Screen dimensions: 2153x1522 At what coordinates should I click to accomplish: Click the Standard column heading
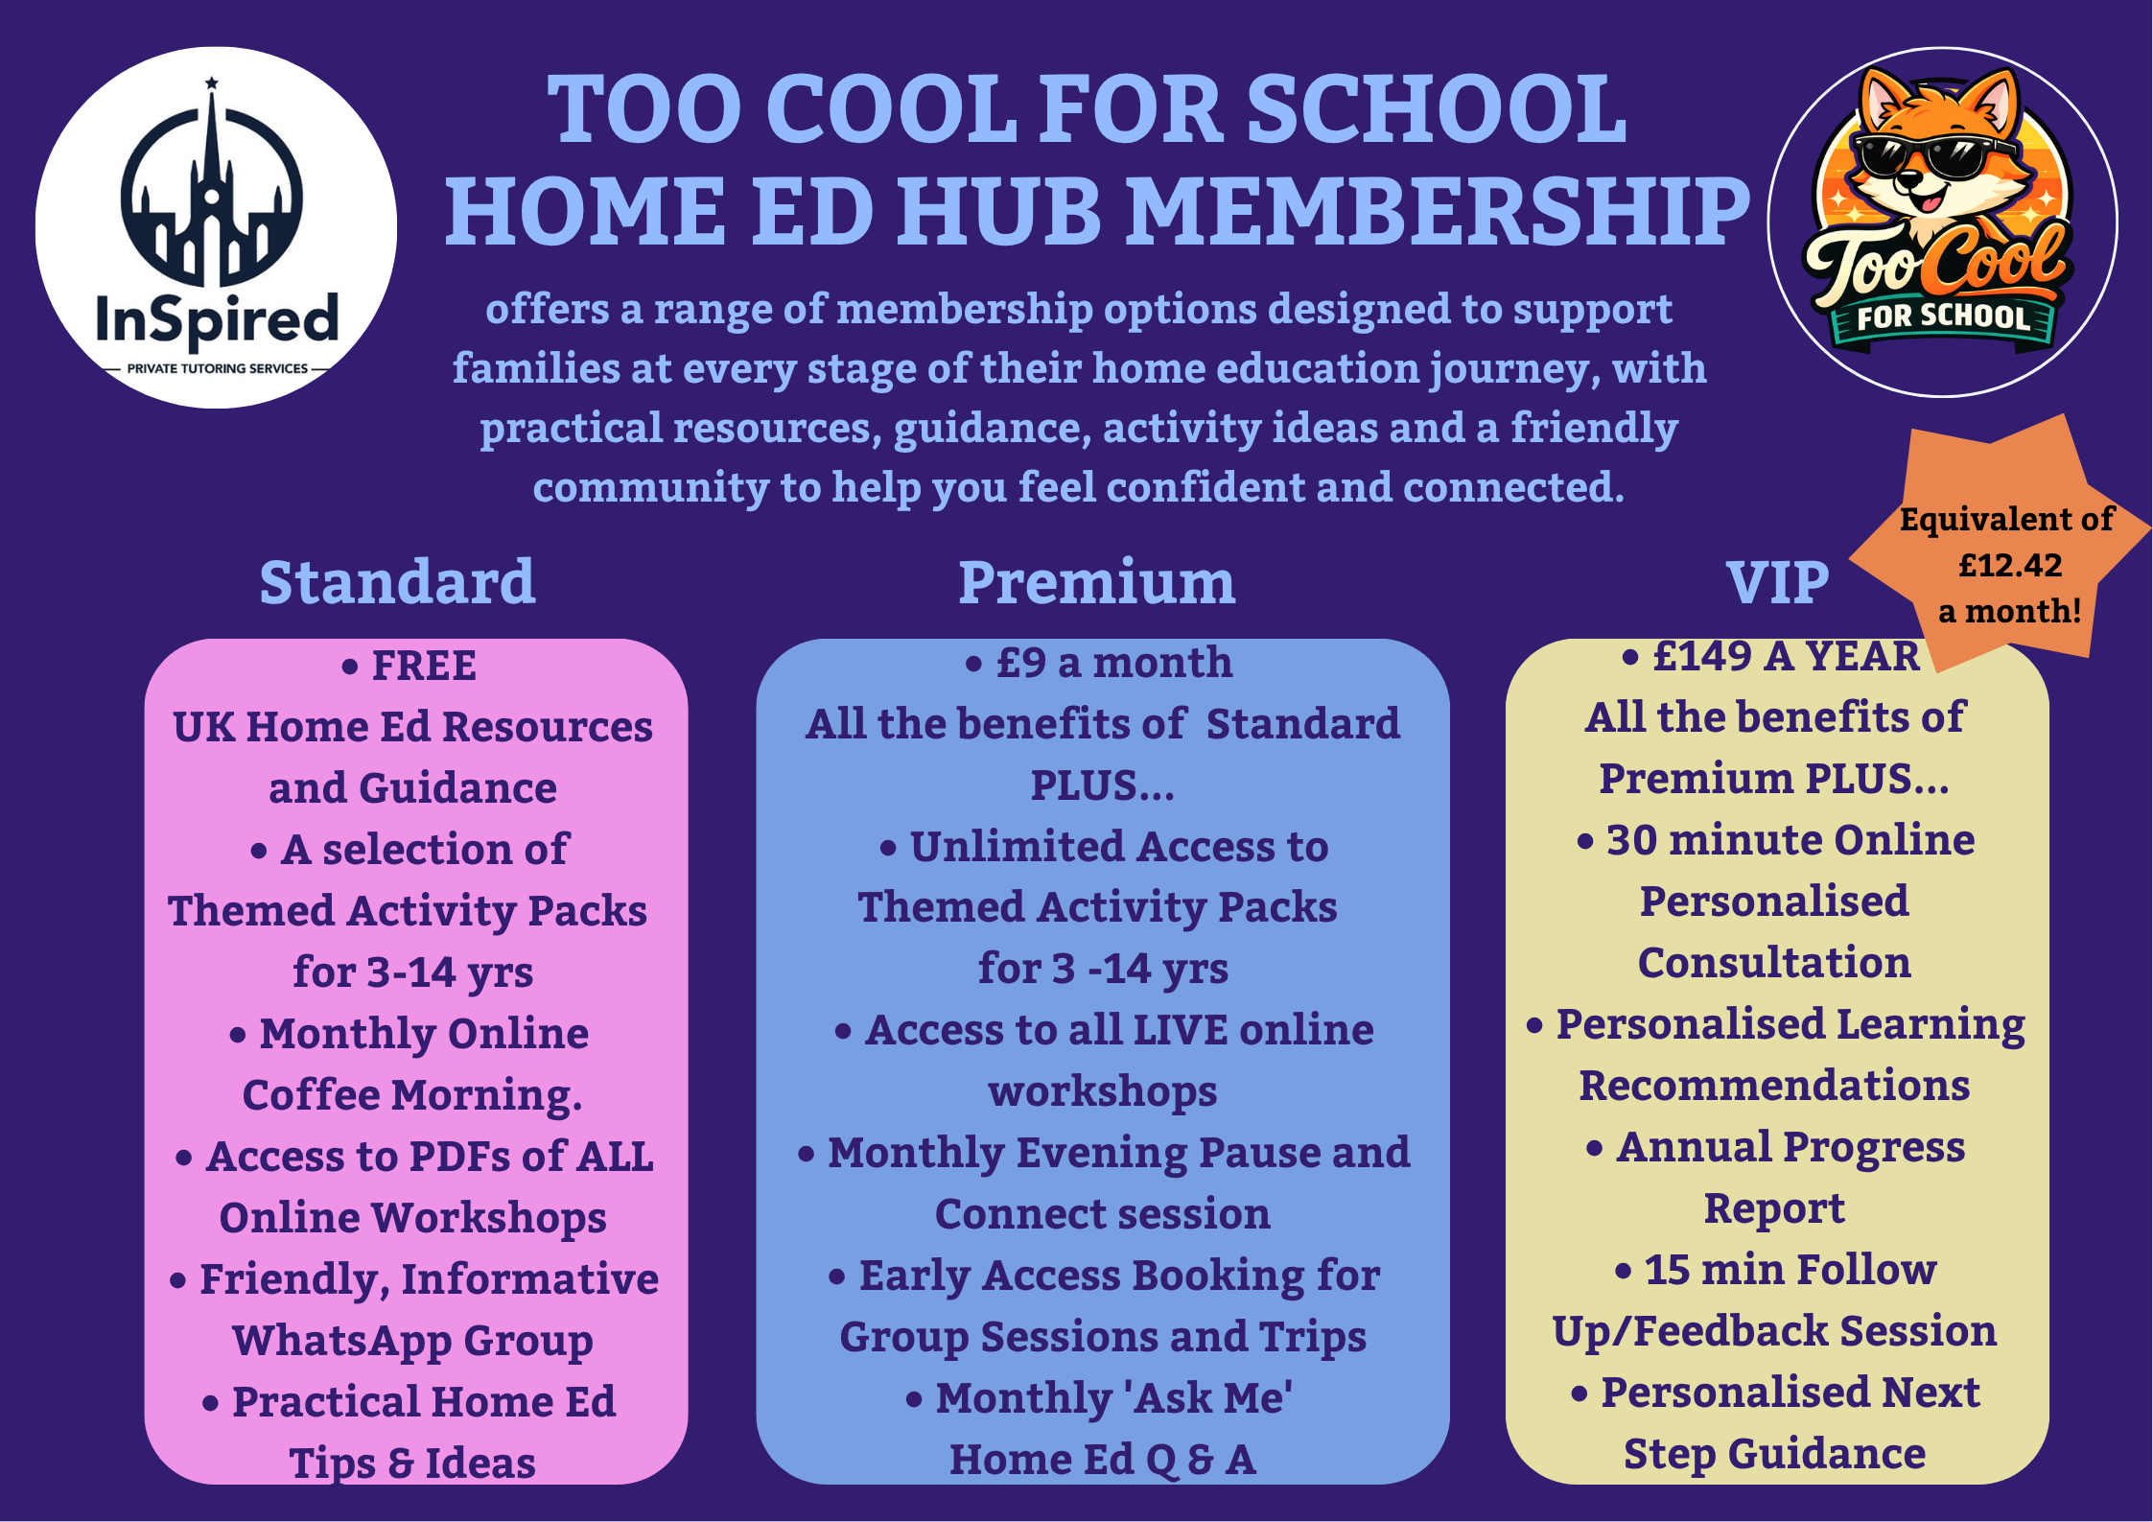coord(397,582)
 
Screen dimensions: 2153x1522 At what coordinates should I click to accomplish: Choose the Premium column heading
coord(1097,582)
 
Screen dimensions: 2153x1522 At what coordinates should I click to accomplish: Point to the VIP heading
coord(1777,582)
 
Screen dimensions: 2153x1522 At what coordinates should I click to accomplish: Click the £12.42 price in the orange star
coord(2009,565)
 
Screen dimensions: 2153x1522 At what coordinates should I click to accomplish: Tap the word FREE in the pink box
coord(424,666)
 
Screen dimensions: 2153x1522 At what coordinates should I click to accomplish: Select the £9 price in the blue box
coord(1021,663)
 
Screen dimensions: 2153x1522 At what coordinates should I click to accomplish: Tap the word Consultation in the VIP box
coord(1774,963)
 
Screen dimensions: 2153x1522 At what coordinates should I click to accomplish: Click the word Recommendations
coord(1774,1086)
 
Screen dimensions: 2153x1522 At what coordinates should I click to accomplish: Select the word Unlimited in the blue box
coord(1018,847)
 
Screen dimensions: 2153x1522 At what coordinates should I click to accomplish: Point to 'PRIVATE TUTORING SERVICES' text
coord(218,368)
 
